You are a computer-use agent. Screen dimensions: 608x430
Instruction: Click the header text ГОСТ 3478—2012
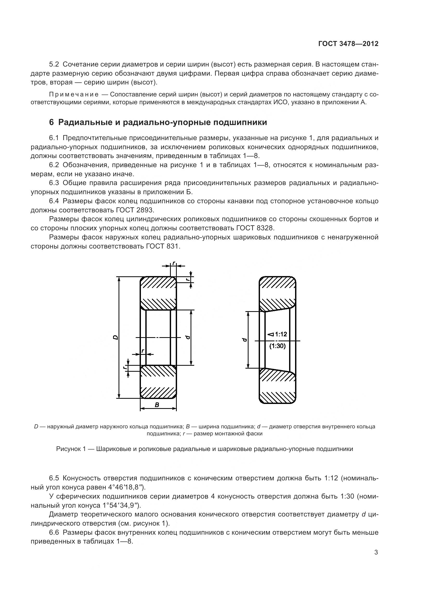tap(348, 44)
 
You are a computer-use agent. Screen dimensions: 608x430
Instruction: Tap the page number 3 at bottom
tap(376, 552)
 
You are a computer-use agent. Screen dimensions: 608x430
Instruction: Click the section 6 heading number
tap(51, 122)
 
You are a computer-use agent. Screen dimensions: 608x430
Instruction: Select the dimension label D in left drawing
tap(115, 337)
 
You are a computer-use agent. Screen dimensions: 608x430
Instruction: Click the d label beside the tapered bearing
tap(245, 340)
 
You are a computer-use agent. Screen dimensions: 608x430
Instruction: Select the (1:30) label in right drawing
tap(277, 346)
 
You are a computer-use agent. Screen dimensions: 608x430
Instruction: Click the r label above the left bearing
tap(173, 263)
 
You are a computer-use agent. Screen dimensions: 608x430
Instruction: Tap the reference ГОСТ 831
tap(162, 246)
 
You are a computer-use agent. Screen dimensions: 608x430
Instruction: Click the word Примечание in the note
tap(74, 95)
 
